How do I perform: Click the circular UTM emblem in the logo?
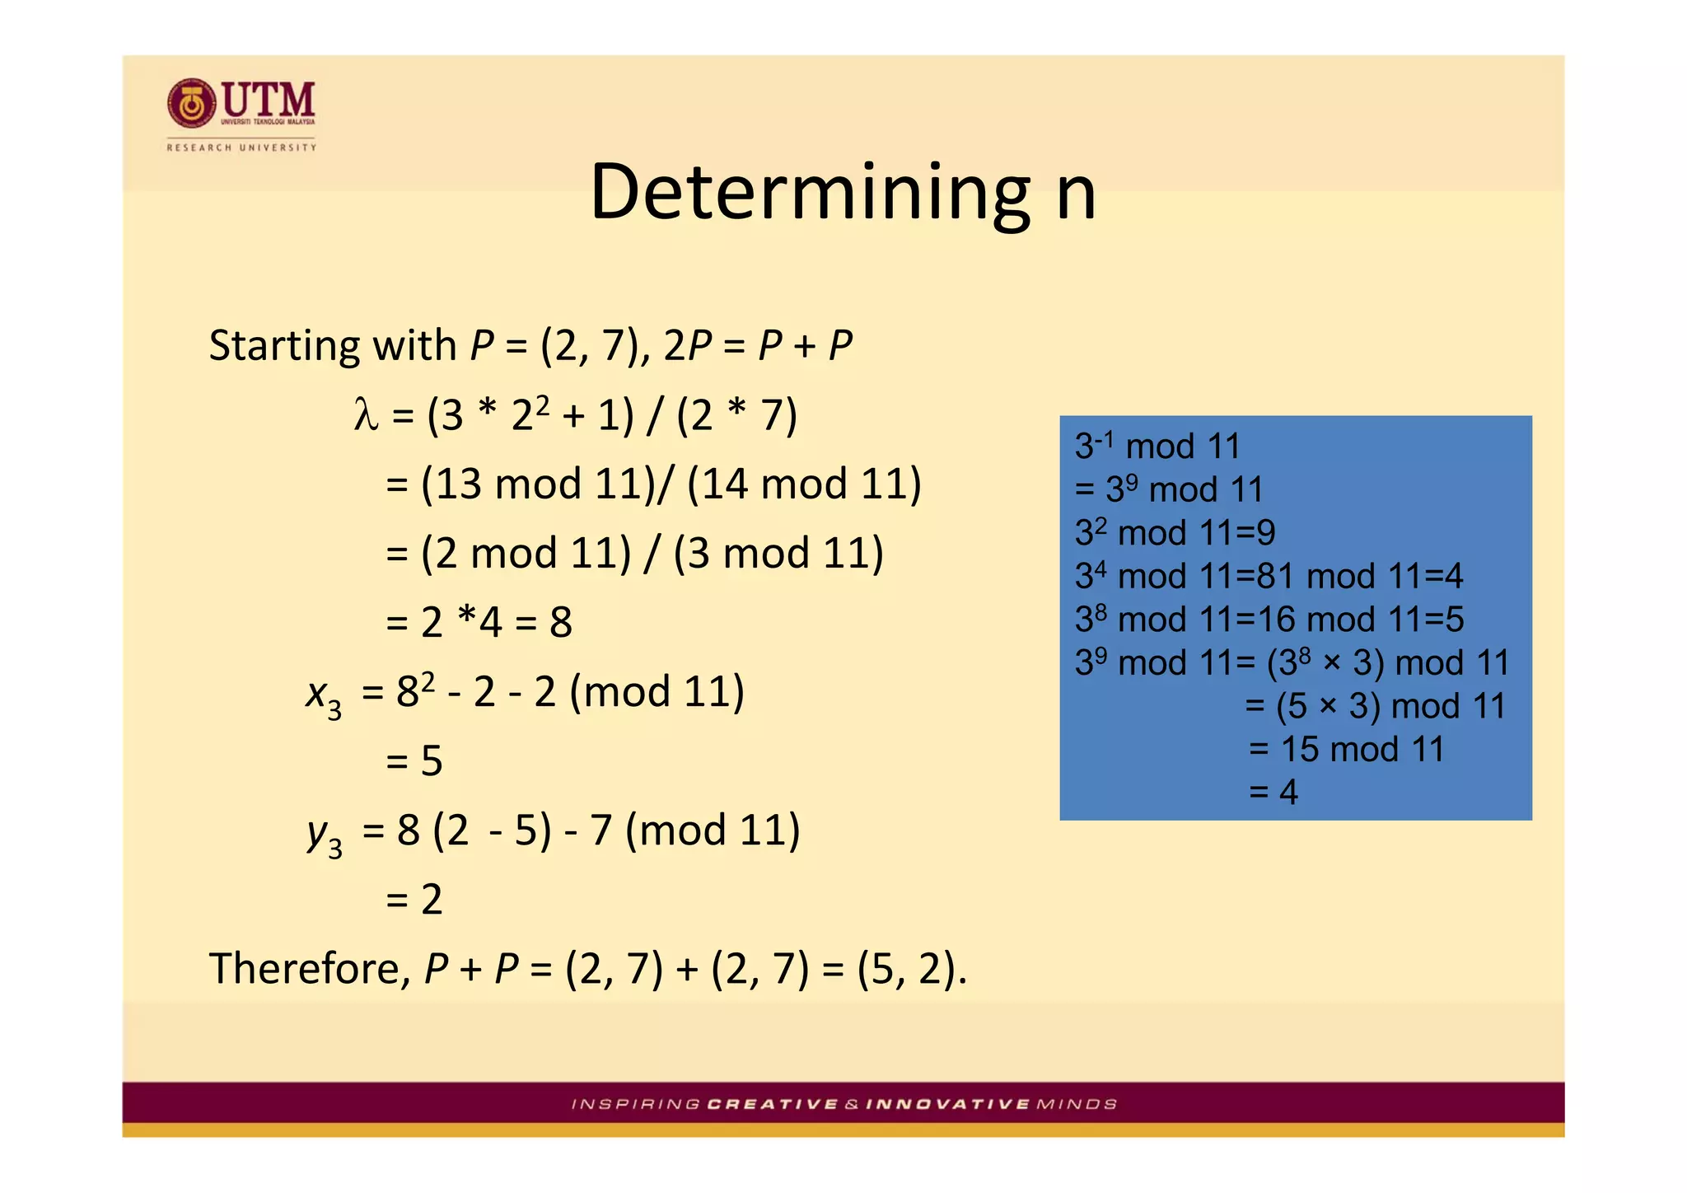[191, 104]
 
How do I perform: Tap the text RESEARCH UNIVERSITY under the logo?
[241, 147]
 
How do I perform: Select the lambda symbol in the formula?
[366, 414]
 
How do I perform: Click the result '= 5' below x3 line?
[414, 760]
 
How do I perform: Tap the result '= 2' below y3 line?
[414, 899]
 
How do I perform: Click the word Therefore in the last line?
[309, 968]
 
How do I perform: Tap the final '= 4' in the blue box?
[1273, 793]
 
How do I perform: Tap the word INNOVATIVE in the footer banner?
[947, 1104]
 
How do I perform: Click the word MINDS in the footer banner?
[1077, 1104]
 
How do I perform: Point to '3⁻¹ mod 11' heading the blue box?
[1157, 447]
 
